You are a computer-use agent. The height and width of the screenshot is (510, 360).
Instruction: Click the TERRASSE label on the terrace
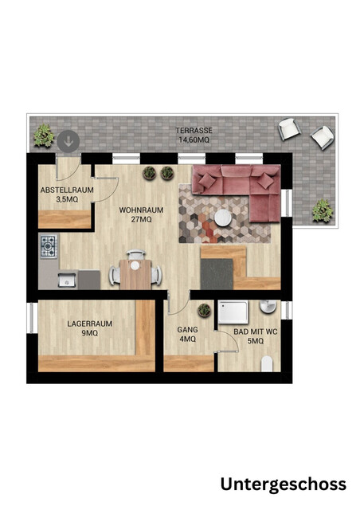tap(194, 131)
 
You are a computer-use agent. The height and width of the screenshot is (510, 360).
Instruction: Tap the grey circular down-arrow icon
tap(68, 141)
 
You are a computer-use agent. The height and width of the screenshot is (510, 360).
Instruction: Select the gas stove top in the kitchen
tap(49, 246)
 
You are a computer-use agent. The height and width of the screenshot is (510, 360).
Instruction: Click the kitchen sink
tap(67, 280)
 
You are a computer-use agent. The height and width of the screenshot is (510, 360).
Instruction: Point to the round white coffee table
tap(223, 218)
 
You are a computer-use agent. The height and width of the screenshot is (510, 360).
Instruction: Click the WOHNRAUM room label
tap(141, 210)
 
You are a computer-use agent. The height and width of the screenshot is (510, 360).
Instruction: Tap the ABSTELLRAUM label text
tap(67, 190)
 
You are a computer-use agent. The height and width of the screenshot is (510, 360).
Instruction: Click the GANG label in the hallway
tap(187, 329)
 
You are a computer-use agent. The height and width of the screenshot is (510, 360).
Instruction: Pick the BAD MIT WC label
tap(256, 331)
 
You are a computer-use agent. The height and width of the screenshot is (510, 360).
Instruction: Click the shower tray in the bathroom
tap(233, 312)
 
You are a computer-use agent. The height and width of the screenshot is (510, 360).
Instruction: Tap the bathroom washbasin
tap(268, 306)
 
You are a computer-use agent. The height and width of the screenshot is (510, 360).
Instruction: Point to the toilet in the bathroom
tap(268, 363)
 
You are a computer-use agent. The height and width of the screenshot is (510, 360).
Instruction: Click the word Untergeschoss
tap(284, 484)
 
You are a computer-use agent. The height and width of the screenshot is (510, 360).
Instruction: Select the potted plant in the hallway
tap(204, 310)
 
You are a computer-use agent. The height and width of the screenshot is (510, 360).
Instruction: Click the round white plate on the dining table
tap(135, 265)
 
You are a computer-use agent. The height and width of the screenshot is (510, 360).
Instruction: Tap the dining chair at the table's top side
tap(135, 254)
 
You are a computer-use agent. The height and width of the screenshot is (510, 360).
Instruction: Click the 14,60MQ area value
tap(194, 140)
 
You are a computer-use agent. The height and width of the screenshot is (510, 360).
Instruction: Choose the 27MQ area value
tap(141, 220)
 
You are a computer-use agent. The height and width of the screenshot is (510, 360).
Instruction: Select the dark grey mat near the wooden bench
tap(217, 274)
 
